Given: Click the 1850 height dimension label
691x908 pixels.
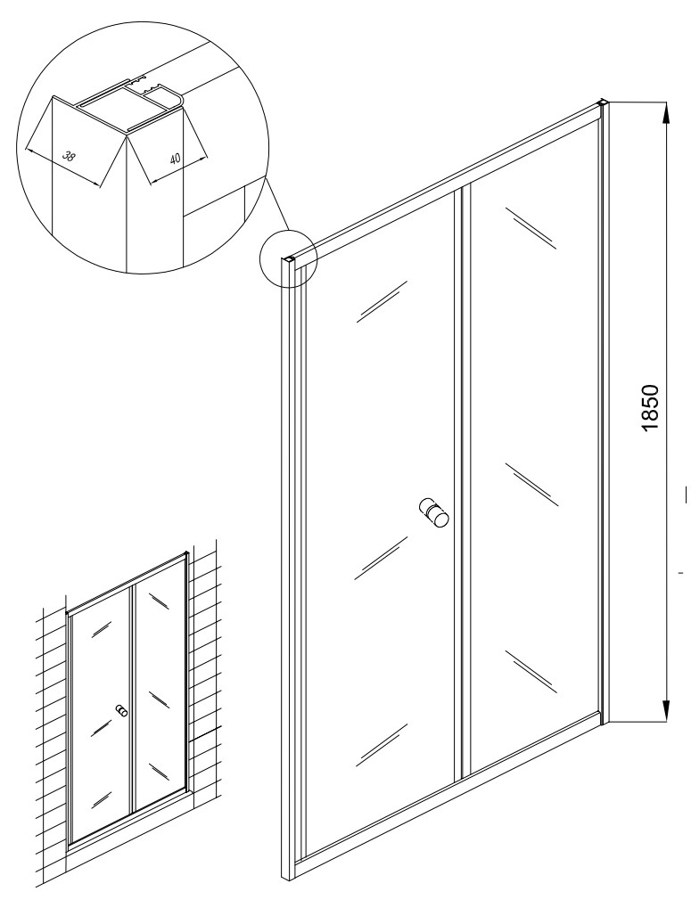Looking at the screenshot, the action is click(x=652, y=408).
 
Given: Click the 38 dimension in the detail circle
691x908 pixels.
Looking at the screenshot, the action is click(x=69, y=156).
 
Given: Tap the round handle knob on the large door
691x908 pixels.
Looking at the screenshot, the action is click(x=434, y=511).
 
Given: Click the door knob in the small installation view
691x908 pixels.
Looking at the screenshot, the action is click(x=121, y=711).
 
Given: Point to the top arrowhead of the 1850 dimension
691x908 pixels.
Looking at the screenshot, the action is click(x=667, y=113).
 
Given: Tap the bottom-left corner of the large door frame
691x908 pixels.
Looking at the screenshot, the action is click(x=289, y=896).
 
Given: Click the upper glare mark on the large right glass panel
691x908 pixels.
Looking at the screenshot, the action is click(x=530, y=228).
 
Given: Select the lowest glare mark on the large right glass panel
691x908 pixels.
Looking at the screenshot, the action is click(x=531, y=672).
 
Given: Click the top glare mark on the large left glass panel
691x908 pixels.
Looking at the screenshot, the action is click(x=381, y=300).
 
